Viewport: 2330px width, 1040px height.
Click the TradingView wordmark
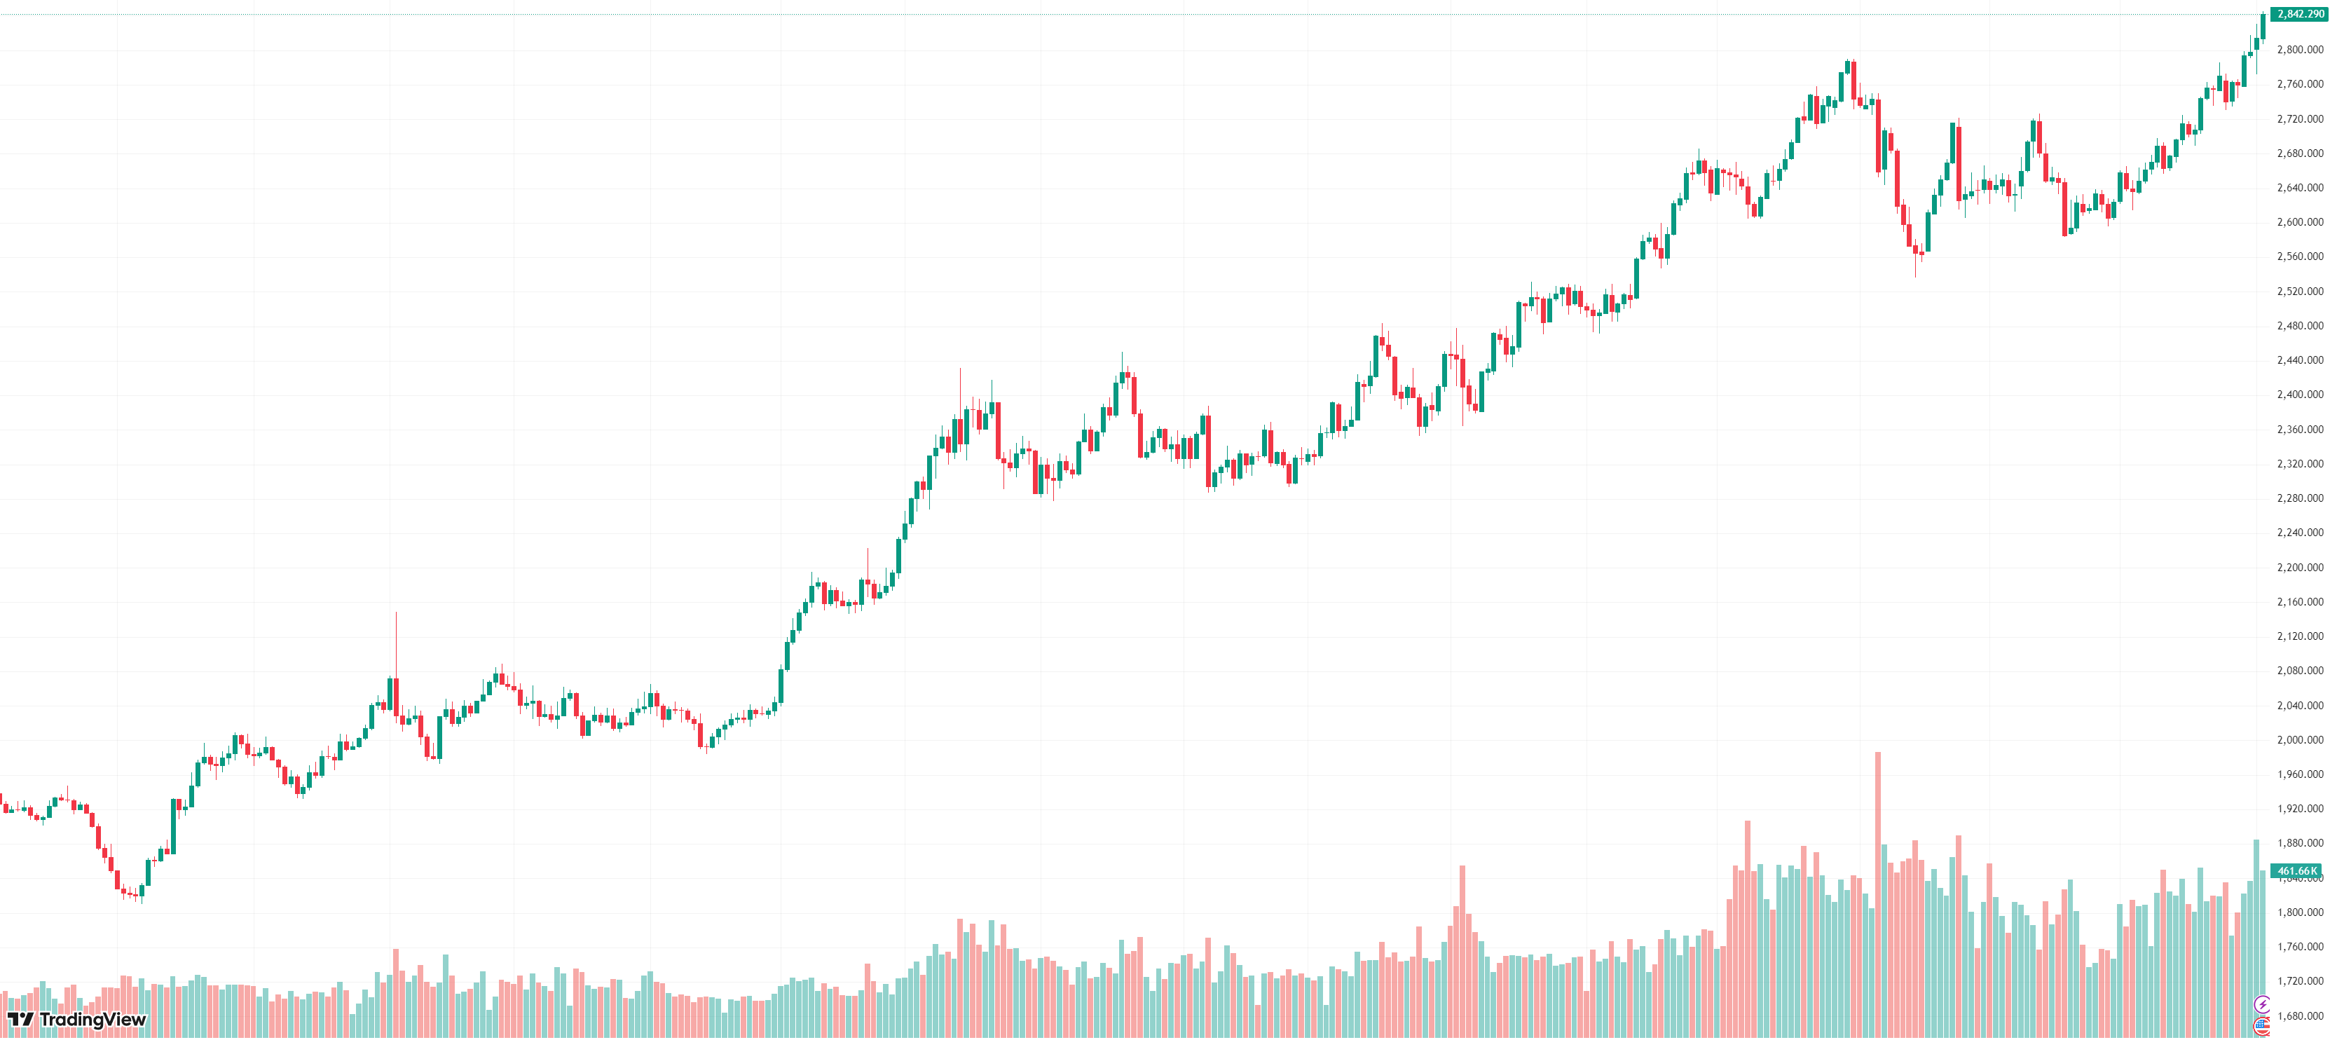point(92,1019)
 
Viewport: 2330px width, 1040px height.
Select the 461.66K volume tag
point(2296,871)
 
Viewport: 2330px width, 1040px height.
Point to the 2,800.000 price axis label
point(2299,50)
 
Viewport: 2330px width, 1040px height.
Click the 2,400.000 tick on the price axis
point(2299,395)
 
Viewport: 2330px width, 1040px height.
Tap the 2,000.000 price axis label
point(2299,740)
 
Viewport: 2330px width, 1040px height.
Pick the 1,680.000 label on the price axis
point(2299,1015)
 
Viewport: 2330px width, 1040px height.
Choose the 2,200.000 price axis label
point(2299,567)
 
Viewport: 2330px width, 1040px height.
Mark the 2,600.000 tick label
point(2299,221)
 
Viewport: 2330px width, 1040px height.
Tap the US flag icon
point(2261,1025)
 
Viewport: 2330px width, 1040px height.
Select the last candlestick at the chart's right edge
point(2263,25)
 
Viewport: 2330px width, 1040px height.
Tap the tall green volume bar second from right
point(2256,937)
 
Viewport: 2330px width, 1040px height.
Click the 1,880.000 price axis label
point(2299,843)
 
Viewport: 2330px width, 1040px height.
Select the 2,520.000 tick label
point(2299,292)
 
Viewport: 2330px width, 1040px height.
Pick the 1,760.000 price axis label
point(2299,947)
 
